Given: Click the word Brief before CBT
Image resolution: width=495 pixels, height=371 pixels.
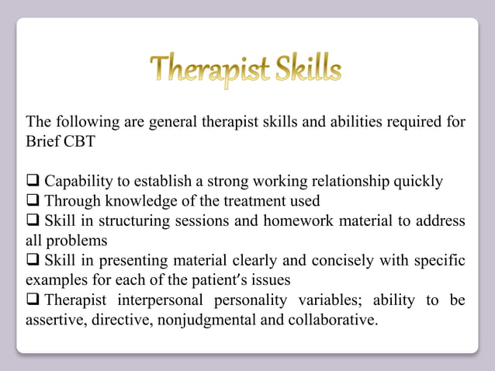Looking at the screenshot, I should point(45,141).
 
